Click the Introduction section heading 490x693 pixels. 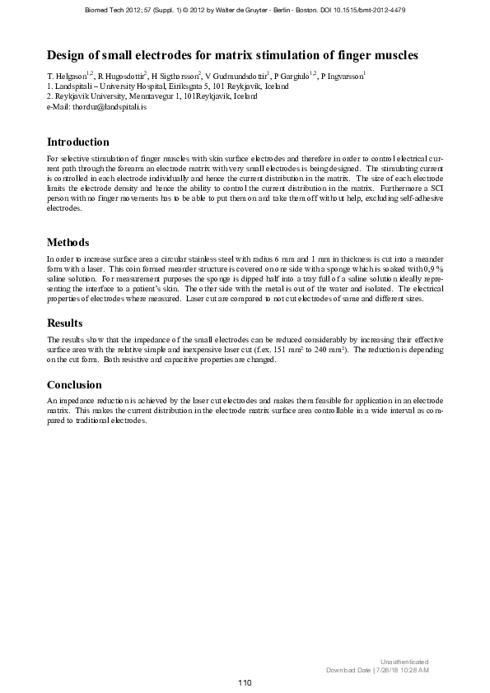(x=78, y=142)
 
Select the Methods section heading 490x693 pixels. (x=68, y=243)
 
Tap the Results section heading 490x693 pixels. (x=65, y=323)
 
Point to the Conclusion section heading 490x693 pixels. (x=74, y=384)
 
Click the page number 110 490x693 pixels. (x=245, y=682)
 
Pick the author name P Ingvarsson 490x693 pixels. (x=341, y=76)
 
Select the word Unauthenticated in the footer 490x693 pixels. (x=404, y=662)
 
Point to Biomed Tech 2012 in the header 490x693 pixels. (x=113, y=10)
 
